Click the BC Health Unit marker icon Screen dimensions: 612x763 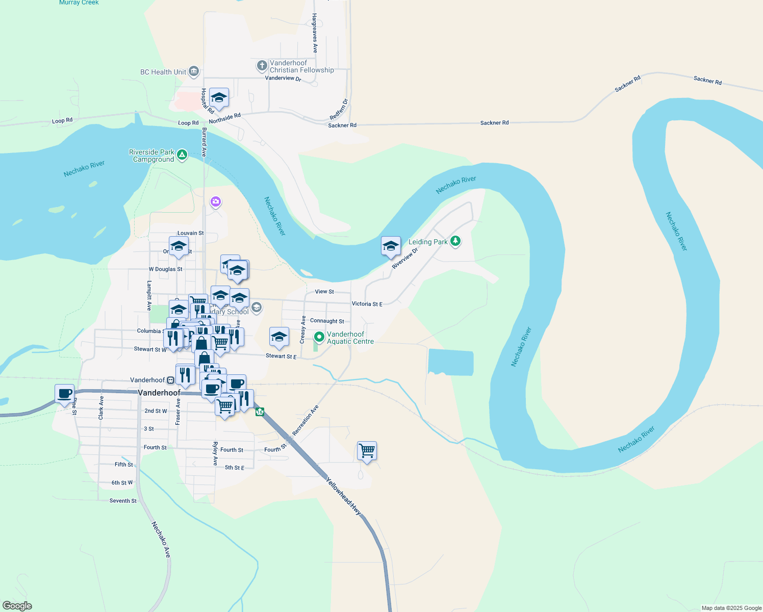tap(193, 71)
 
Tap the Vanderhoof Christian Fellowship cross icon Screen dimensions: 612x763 tap(262, 65)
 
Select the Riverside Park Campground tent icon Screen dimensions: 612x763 tap(182, 155)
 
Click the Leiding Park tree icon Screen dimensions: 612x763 tap(455, 241)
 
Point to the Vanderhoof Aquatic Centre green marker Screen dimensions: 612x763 tap(319, 337)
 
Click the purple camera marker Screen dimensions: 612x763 tap(216, 202)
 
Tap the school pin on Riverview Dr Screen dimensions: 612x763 tap(391, 246)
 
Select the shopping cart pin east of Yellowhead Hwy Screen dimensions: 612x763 tap(367, 451)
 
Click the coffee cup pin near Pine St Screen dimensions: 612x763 tap(65, 394)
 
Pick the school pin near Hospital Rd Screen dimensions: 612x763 tap(219, 97)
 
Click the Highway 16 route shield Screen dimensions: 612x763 tap(260, 412)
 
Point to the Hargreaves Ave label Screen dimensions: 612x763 tap(315, 33)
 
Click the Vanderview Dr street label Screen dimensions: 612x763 tap(283, 78)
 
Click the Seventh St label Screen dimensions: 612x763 tap(123, 501)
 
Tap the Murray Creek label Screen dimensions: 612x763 tap(79, 3)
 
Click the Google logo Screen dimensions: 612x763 tap(17, 606)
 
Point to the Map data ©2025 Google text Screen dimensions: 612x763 tap(731, 608)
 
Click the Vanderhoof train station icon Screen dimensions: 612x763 tap(170, 380)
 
